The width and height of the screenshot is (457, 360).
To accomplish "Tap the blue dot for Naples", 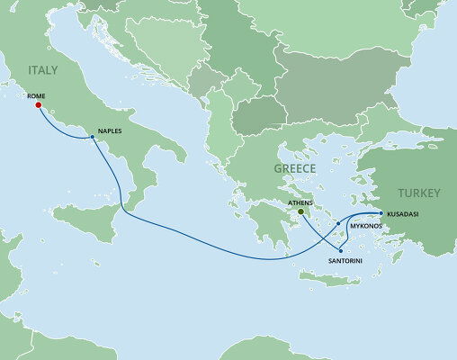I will (93, 138).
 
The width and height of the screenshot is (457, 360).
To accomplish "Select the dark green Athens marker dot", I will (302, 214).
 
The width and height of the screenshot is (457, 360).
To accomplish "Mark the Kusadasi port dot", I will (381, 212).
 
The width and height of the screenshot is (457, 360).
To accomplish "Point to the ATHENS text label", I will (300, 203).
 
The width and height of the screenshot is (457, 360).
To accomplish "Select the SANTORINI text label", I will (345, 259).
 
